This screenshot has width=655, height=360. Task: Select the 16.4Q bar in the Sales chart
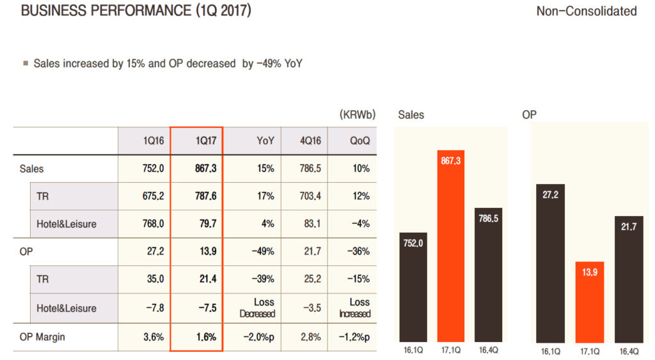point(489,274)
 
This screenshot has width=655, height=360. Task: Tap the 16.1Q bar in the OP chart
point(551,263)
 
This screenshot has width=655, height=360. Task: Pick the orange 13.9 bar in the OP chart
point(589,301)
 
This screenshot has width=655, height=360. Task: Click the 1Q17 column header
point(196,141)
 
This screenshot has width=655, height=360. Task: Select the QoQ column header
point(360,141)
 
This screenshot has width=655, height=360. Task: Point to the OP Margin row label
point(42,337)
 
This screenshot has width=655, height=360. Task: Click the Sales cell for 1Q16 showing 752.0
point(144,168)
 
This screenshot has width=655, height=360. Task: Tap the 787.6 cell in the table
point(196,196)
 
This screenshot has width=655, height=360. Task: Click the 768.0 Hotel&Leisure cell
point(144,224)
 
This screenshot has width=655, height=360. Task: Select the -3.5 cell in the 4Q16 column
point(312,308)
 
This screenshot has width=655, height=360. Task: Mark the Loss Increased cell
point(355,308)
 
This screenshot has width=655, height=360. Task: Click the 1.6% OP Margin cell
point(196,337)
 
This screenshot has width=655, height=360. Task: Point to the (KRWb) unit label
point(357,115)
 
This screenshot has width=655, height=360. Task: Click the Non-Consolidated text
point(587,12)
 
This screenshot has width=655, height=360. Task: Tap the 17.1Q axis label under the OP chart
point(589,351)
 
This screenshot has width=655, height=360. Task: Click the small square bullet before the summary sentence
point(26,63)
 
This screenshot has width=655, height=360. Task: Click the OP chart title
point(529,115)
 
